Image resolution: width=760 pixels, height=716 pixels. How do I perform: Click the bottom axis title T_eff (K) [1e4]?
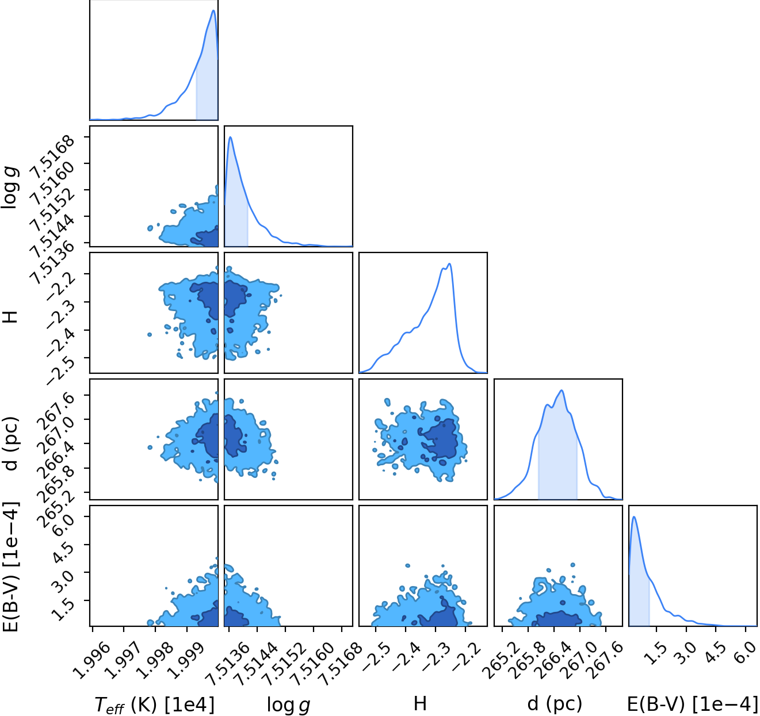[x=154, y=703]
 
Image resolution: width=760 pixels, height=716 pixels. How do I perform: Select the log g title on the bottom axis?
[x=288, y=703]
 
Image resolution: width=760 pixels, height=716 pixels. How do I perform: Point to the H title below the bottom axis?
[x=420, y=701]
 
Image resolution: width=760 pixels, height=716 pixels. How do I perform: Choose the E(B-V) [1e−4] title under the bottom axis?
[x=692, y=702]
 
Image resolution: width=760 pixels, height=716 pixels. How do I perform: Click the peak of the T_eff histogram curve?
[x=213, y=10]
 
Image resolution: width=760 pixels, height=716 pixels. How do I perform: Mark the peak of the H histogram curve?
[x=449, y=263]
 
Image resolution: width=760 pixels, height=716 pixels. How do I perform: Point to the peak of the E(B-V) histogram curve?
[x=634, y=517]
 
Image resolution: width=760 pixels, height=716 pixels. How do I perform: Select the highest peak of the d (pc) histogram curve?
[x=562, y=390]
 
